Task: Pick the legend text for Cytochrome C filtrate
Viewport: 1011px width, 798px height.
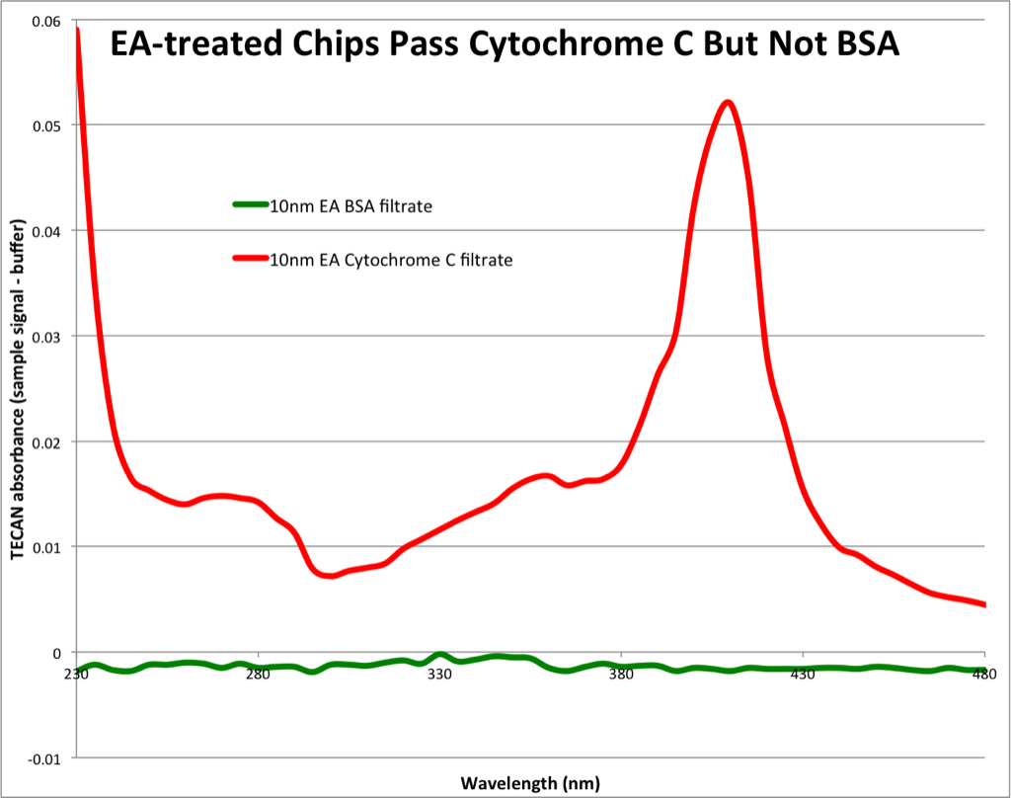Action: click(x=391, y=260)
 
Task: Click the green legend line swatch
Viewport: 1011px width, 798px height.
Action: click(x=250, y=205)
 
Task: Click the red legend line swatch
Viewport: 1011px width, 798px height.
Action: click(x=250, y=259)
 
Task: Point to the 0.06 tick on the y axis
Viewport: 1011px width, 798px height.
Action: click(x=46, y=21)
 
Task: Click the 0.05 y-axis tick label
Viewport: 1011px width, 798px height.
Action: click(x=46, y=125)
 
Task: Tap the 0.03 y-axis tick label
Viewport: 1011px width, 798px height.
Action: click(x=46, y=337)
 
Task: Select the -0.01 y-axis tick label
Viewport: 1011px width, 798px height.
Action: click(x=44, y=758)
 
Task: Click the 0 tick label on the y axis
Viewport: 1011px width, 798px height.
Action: click(x=57, y=653)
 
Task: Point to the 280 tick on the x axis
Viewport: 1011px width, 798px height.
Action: click(x=259, y=674)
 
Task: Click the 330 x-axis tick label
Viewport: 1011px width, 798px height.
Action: click(x=440, y=674)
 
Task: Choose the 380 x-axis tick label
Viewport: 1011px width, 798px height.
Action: click(x=622, y=674)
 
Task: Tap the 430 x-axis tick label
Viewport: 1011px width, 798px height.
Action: click(x=804, y=674)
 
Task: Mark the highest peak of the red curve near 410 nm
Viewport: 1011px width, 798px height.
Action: click(x=728, y=102)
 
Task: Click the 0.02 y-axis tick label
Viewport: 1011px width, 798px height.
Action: click(x=46, y=441)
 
